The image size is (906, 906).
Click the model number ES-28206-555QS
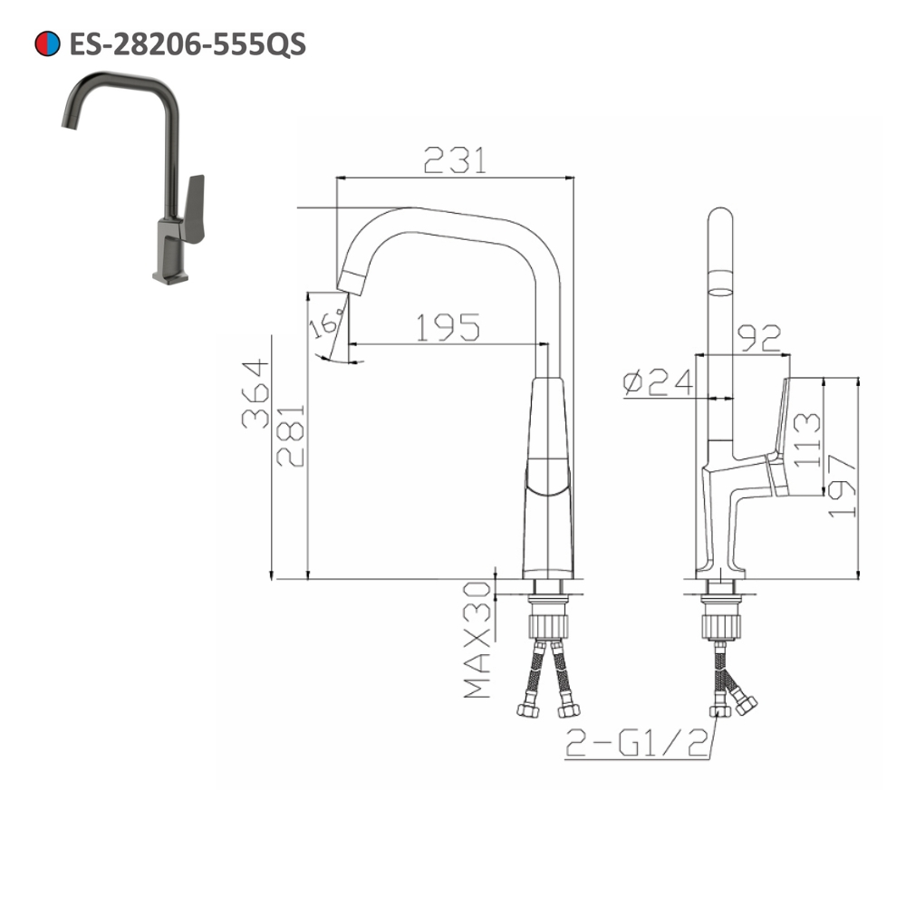tap(188, 43)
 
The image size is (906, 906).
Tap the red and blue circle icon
tap(47, 43)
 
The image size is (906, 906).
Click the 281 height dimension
tap(292, 436)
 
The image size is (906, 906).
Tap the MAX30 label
tap(477, 640)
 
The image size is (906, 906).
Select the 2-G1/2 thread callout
tap(637, 744)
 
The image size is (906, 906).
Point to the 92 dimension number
tap(760, 337)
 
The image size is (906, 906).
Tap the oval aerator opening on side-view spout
tap(719, 292)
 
